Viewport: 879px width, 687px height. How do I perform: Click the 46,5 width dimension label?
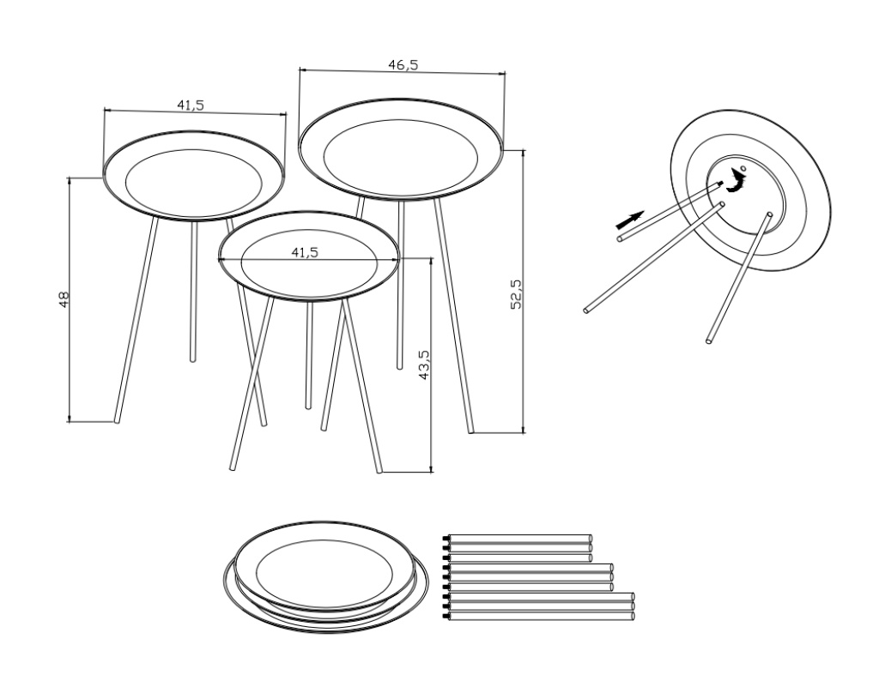(403, 65)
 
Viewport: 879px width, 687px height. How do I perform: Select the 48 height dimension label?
(64, 299)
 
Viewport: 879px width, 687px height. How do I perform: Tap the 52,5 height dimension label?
(516, 294)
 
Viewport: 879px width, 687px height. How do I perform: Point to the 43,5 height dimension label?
(424, 365)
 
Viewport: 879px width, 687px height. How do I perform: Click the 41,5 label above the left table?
(191, 105)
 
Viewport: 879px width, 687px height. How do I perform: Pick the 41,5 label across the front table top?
(305, 252)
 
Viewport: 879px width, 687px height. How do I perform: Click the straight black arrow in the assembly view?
(630, 220)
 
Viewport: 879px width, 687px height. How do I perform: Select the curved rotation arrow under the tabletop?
(737, 183)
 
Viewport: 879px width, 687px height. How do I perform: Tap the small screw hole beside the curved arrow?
(743, 168)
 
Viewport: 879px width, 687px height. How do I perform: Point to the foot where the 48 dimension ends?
(117, 420)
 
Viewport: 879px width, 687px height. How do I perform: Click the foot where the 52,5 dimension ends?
(471, 431)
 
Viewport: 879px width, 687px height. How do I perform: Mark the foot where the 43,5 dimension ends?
(379, 470)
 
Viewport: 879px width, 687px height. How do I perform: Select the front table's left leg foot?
(233, 467)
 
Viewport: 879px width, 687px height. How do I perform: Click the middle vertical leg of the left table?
(194, 290)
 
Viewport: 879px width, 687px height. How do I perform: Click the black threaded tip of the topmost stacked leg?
(446, 539)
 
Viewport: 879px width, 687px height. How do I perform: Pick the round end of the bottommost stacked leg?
(633, 616)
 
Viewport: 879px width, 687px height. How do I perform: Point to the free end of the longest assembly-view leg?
(586, 310)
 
